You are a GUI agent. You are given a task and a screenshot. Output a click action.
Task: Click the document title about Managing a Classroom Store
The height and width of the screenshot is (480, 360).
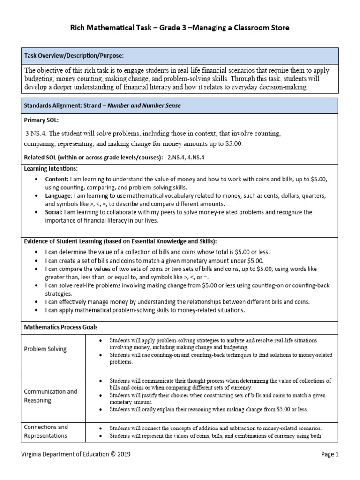180,28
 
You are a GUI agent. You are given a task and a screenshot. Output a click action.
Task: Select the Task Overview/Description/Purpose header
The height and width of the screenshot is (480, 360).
74,56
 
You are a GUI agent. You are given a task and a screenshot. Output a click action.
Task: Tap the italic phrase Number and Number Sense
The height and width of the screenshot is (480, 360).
144,105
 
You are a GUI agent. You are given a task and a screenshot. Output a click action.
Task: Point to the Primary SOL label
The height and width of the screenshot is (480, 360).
42,120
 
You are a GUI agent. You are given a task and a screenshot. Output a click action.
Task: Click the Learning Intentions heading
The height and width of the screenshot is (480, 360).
51,168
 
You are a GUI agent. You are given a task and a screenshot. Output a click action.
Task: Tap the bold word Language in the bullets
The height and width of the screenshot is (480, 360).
59,195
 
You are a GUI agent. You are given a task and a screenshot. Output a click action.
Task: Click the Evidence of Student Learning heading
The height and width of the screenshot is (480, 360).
120,241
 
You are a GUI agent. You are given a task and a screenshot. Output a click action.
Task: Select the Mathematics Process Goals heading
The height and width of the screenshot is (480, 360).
61,327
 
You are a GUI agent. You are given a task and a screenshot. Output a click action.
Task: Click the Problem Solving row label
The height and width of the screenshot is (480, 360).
45,349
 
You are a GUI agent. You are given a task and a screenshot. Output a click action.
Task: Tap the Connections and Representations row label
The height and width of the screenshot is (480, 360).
46,431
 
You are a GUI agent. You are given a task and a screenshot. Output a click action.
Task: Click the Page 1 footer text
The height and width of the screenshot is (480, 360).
330,454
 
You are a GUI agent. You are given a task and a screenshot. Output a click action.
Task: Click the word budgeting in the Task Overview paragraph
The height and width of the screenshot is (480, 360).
38,79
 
